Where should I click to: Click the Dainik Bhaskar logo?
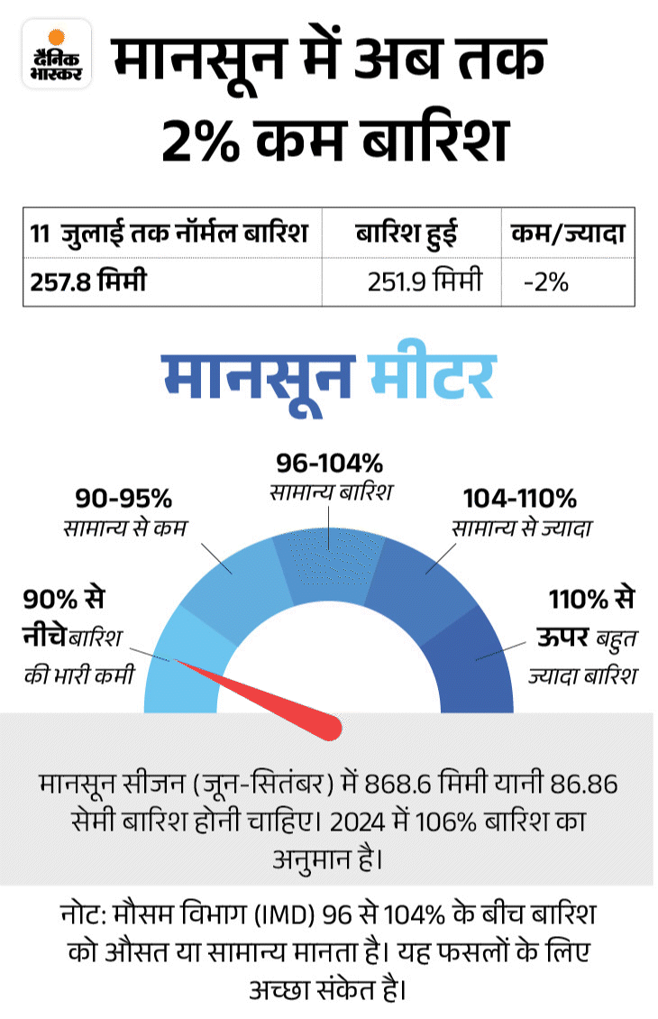(56, 53)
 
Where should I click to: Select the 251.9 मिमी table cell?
(424, 282)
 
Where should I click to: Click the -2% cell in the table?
(545, 282)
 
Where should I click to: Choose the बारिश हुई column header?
(406, 234)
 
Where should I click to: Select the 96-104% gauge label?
(329, 464)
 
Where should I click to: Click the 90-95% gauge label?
(123, 499)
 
